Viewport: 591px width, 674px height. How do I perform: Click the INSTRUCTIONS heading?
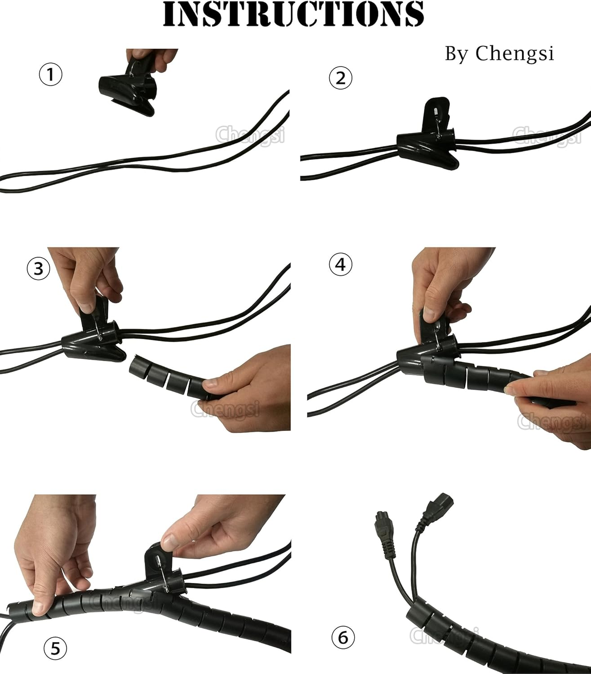click(x=293, y=14)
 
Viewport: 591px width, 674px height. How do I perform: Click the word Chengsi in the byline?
click(x=515, y=53)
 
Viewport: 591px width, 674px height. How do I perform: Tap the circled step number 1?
click(x=50, y=75)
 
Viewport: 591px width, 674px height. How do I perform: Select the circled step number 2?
click(x=341, y=78)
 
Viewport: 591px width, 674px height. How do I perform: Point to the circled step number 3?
click(x=38, y=268)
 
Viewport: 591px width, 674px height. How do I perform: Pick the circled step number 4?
click(x=341, y=264)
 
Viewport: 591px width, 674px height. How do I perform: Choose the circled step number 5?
click(x=55, y=647)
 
